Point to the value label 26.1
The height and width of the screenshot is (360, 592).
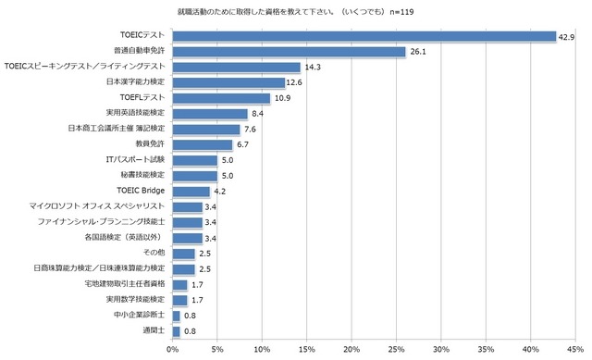click(x=418, y=52)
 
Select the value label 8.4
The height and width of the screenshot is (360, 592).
click(x=259, y=114)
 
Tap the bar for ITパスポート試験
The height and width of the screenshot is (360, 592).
click(x=194, y=160)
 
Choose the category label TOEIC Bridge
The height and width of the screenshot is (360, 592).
click(x=142, y=192)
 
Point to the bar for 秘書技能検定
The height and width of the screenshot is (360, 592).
click(x=194, y=176)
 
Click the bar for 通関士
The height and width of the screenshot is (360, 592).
click(x=176, y=330)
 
